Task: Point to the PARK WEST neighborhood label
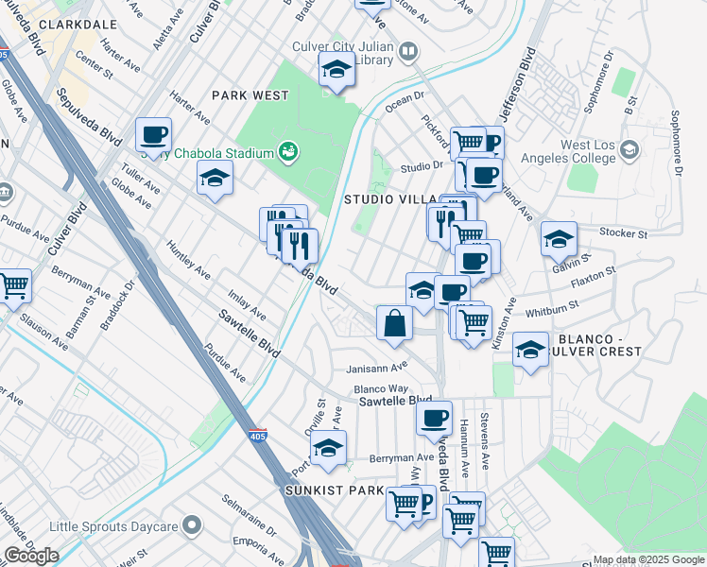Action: [250, 95]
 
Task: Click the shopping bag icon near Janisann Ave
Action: [394, 323]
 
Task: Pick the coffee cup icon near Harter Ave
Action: [153, 135]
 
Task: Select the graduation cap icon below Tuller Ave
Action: [215, 178]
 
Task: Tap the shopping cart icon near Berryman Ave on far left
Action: [13, 285]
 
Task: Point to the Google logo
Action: [31, 556]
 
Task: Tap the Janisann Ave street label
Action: [378, 366]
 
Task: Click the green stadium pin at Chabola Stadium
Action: [288, 151]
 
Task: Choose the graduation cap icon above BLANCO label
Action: [530, 349]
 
